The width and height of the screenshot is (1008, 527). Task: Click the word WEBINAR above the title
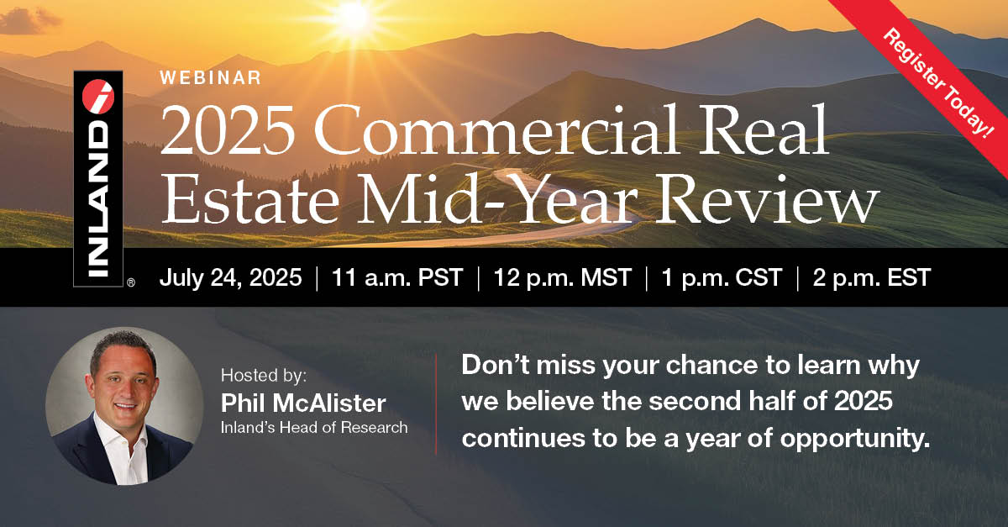[x=211, y=78]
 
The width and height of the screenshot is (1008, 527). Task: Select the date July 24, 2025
[x=230, y=278]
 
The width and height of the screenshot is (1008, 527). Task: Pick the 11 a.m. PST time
[x=396, y=278]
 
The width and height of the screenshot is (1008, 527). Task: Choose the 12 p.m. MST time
[x=561, y=278]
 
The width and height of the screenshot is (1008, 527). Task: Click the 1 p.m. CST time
[x=722, y=278]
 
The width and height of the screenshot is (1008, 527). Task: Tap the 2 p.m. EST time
[x=871, y=278]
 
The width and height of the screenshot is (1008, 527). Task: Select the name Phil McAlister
[x=302, y=403]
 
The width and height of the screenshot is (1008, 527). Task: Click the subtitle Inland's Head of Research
[x=313, y=427]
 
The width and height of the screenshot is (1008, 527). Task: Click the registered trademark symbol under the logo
[x=130, y=284]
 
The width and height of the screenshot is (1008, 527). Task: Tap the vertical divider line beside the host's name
[x=436, y=404]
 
